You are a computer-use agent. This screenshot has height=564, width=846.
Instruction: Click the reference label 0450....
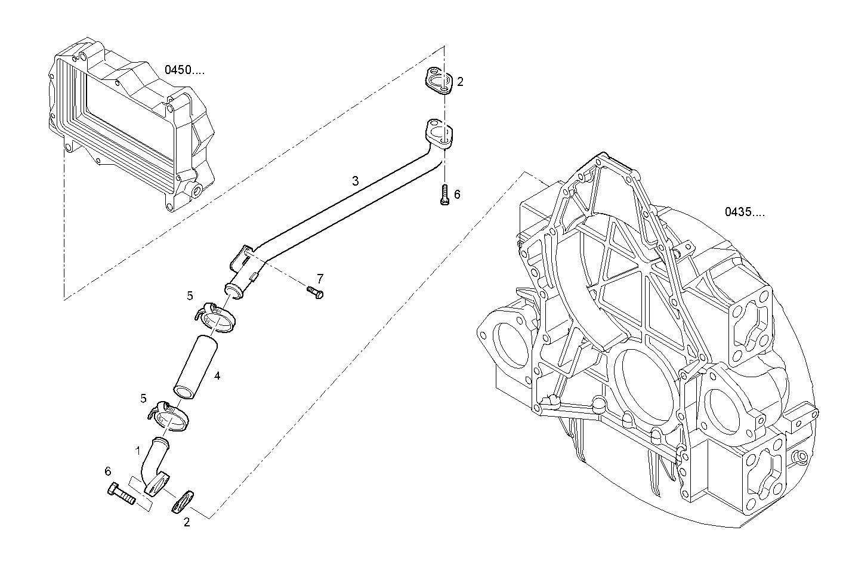click(x=184, y=70)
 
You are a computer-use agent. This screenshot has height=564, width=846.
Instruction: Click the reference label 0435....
click(x=745, y=211)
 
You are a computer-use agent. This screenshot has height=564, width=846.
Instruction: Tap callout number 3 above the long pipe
click(x=356, y=180)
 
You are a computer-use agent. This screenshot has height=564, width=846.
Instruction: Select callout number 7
click(x=320, y=278)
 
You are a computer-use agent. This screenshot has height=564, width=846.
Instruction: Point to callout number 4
click(x=217, y=376)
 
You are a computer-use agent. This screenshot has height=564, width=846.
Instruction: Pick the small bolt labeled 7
click(x=314, y=292)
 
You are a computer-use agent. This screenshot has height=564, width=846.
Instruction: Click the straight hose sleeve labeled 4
click(x=195, y=366)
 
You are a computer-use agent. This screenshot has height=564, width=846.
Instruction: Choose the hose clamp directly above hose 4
click(x=217, y=318)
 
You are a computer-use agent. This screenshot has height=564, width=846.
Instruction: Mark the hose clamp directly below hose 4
click(x=169, y=415)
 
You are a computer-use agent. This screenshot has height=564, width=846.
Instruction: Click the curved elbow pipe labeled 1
click(x=154, y=466)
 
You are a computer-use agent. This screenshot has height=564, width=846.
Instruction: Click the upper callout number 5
click(x=190, y=295)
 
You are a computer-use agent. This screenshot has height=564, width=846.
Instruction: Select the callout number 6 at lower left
click(x=108, y=471)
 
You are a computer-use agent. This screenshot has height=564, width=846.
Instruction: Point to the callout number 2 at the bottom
click(x=187, y=523)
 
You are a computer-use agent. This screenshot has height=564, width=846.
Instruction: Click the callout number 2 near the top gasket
click(x=460, y=82)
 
